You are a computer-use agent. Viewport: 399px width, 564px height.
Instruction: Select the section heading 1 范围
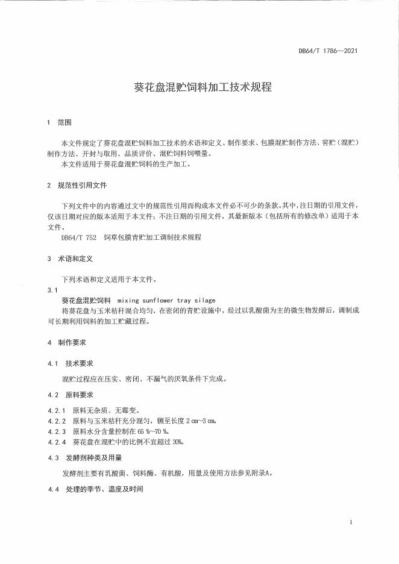59,122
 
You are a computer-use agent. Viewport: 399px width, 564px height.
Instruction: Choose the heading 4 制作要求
66,342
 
